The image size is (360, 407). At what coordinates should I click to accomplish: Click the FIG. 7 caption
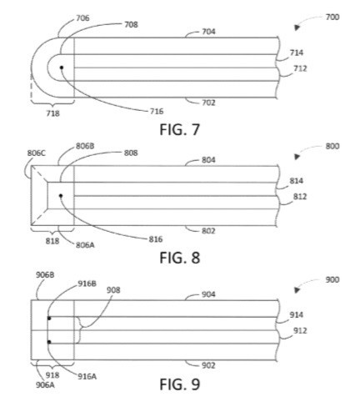pos(180,129)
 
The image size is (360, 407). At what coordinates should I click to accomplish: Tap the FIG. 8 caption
pos(180,258)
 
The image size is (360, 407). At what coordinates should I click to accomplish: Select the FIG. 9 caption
pos(180,384)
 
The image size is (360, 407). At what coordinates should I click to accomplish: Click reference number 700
pos(332,18)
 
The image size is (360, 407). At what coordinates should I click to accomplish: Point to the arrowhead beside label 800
pos(297,157)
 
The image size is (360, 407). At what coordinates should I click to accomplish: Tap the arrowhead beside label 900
pos(297,290)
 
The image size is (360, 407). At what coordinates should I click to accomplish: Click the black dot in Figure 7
pos(62,68)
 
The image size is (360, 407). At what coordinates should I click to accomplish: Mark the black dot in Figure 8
pos(61,196)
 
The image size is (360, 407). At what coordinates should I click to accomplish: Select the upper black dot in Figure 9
pos(49,318)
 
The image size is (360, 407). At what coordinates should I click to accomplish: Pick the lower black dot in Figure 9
pos(49,342)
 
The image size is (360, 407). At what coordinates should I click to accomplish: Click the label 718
pos(52,113)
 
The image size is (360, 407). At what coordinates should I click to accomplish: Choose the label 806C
pos(37,153)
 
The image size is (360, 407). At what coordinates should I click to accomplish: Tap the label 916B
pos(87,284)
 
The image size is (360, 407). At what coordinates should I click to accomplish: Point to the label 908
pos(113,290)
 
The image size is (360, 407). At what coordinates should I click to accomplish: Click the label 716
pos(157,112)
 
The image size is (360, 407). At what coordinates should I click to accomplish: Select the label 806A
pos(85,245)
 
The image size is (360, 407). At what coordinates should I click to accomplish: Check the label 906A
pos(45,385)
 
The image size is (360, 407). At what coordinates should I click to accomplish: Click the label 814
pos(297,181)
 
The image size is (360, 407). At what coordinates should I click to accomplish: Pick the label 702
pos(208,103)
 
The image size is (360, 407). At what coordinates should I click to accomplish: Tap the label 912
pos(300,330)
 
